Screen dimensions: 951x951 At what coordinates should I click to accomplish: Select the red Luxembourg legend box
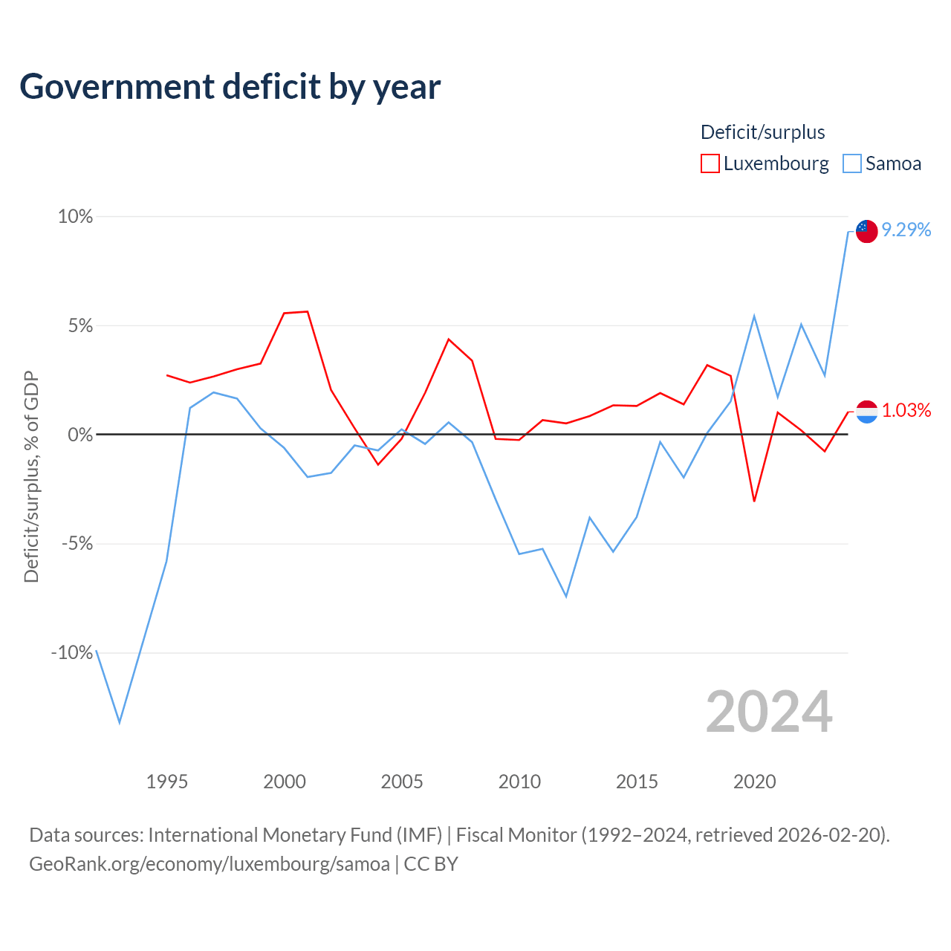tap(710, 163)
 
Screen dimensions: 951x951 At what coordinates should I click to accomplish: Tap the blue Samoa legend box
tap(851, 163)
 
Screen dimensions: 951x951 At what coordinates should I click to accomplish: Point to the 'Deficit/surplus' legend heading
tap(762, 132)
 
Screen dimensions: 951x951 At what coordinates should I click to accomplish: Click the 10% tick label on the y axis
tap(76, 217)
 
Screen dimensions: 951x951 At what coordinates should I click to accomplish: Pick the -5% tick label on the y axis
tap(77, 544)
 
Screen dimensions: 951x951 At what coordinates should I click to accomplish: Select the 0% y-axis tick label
tap(80, 435)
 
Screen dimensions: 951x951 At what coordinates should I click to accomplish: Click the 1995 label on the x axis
tap(167, 782)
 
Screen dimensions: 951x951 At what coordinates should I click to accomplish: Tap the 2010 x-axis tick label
tap(519, 782)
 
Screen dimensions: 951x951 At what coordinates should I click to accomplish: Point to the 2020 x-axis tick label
tap(755, 782)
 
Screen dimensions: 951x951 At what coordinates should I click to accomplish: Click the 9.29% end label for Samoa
tap(906, 230)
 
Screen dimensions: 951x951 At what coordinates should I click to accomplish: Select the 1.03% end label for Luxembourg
tap(906, 410)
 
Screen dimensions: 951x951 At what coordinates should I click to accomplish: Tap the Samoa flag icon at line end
tap(866, 232)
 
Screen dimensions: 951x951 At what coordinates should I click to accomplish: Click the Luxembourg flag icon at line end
tap(866, 412)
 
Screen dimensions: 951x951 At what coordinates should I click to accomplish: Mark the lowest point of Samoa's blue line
tap(120, 722)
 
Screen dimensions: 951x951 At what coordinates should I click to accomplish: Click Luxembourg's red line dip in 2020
tap(755, 501)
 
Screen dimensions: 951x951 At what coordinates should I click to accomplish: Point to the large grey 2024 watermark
tap(769, 712)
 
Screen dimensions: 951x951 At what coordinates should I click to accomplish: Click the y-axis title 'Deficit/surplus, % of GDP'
tap(31, 477)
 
